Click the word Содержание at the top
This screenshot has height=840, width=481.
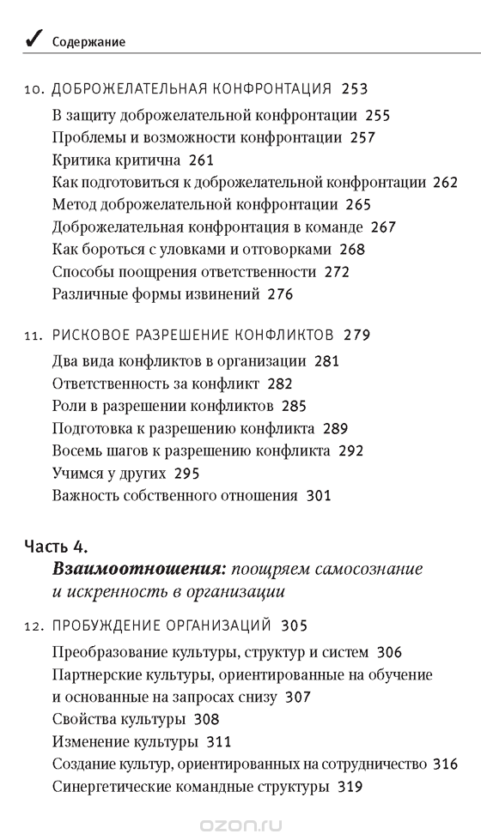[88, 41]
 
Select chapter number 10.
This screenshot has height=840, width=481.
[34, 89]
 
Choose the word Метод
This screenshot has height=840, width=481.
[73, 204]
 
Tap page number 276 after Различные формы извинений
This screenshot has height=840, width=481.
[280, 294]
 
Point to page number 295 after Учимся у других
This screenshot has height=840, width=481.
[187, 473]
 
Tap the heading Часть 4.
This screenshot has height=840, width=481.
[57, 546]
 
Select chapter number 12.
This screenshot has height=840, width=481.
[34, 625]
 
